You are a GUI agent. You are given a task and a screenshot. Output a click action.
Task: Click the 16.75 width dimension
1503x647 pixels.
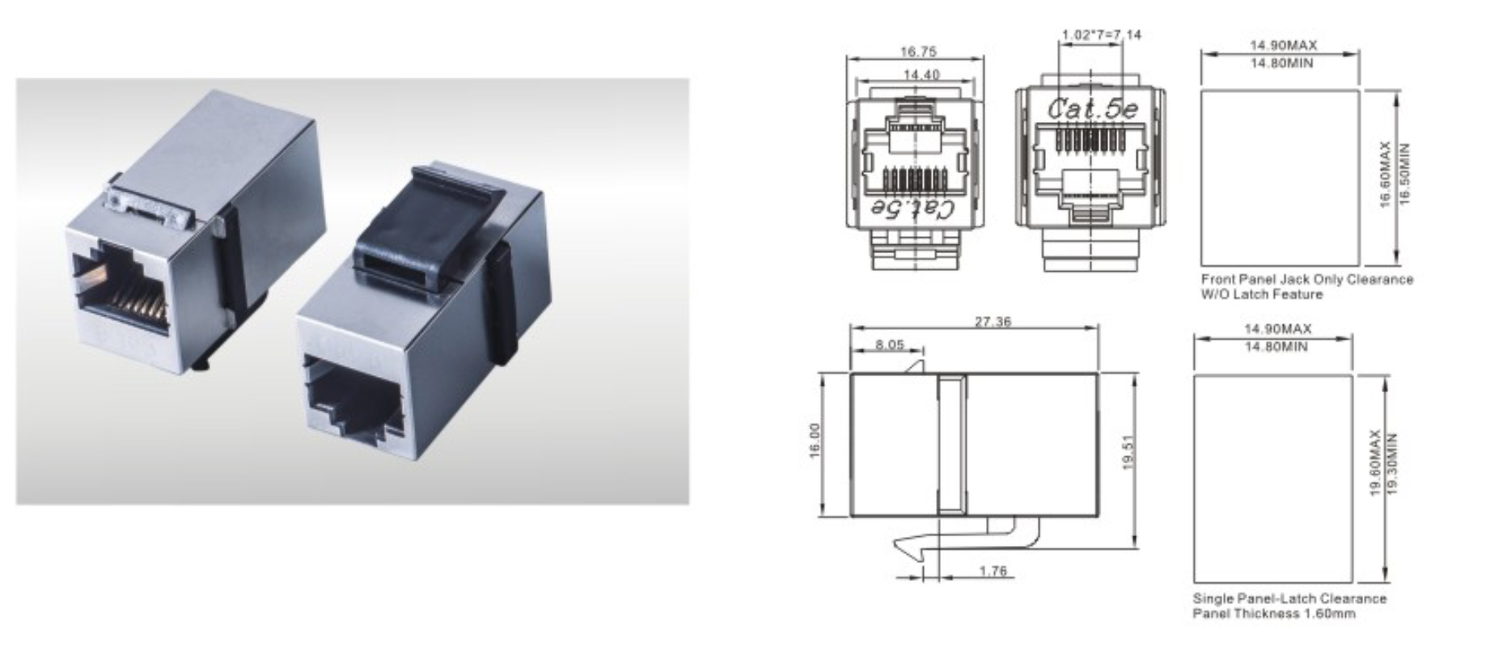click(918, 52)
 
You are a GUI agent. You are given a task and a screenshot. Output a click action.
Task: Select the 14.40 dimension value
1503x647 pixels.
click(921, 74)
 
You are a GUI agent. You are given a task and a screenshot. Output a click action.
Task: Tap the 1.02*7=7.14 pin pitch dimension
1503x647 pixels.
click(1101, 34)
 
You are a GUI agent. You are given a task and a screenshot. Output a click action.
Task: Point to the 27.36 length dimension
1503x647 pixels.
click(993, 321)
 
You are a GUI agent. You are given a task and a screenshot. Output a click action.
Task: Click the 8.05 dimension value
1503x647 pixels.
click(890, 345)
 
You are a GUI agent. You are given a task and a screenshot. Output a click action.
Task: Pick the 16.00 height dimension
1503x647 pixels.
click(814, 441)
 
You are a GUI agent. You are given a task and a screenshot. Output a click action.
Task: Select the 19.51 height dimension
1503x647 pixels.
click(1129, 452)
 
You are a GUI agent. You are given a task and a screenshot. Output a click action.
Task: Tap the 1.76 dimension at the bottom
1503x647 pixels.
click(993, 571)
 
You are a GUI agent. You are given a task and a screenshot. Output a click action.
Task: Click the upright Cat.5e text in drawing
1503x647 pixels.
click(1092, 108)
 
